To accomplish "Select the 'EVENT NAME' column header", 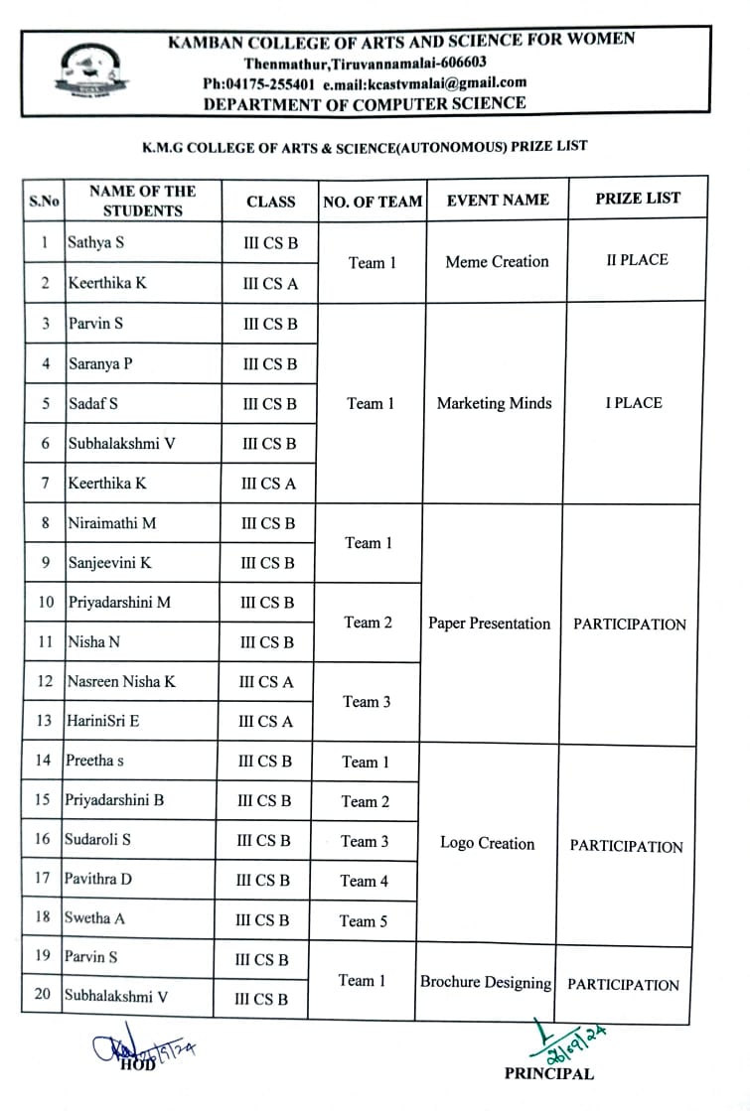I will point(497,200).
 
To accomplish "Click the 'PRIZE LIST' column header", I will point(638,199).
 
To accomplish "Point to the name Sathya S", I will point(96,241).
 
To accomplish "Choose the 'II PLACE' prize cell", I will point(637,260).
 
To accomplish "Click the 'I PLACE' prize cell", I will point(634,403).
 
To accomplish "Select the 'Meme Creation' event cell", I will point(497,262).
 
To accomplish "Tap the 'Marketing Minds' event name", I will point(494,404).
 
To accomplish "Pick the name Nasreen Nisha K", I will point(121,682).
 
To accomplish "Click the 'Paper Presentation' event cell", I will point(489,624).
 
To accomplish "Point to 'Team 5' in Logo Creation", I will point(364,921).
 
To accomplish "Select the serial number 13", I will point(44,721).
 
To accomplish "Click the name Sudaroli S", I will point(97,840).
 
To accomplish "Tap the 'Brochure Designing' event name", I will point(485,983).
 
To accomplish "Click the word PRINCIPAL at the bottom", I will point(548,1073).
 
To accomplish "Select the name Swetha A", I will point(95,918).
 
